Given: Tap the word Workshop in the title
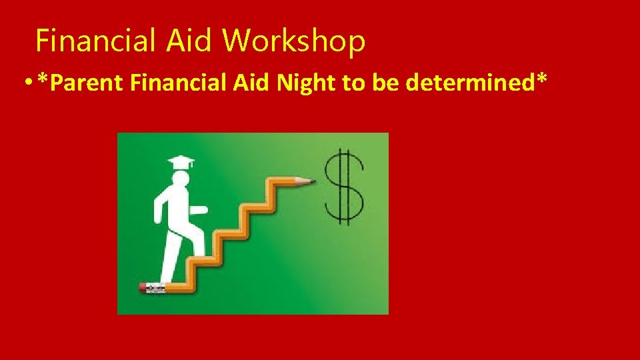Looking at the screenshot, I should [294, 41].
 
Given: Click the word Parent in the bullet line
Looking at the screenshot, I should [87, 84].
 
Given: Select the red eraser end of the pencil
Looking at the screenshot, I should [143, 288].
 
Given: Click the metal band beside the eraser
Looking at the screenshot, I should [155, 288].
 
